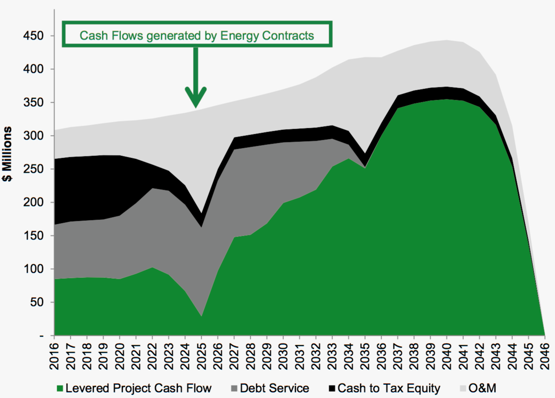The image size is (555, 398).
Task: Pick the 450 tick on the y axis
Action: coord(33,36)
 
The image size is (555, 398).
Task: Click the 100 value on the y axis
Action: coord(33,269)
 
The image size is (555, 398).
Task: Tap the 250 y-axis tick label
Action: coord(33,169)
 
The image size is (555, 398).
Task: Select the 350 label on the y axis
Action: coord(33,103)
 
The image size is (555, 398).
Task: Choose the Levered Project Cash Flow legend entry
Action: coord(139,388)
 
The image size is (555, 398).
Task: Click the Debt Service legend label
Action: coord(275,388)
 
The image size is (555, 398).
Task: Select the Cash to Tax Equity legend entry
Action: coord(389,388)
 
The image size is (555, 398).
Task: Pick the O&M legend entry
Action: coord(482,388)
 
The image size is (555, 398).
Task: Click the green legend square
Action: coord(60,389)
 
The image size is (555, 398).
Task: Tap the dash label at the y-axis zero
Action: coord(41,336)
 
